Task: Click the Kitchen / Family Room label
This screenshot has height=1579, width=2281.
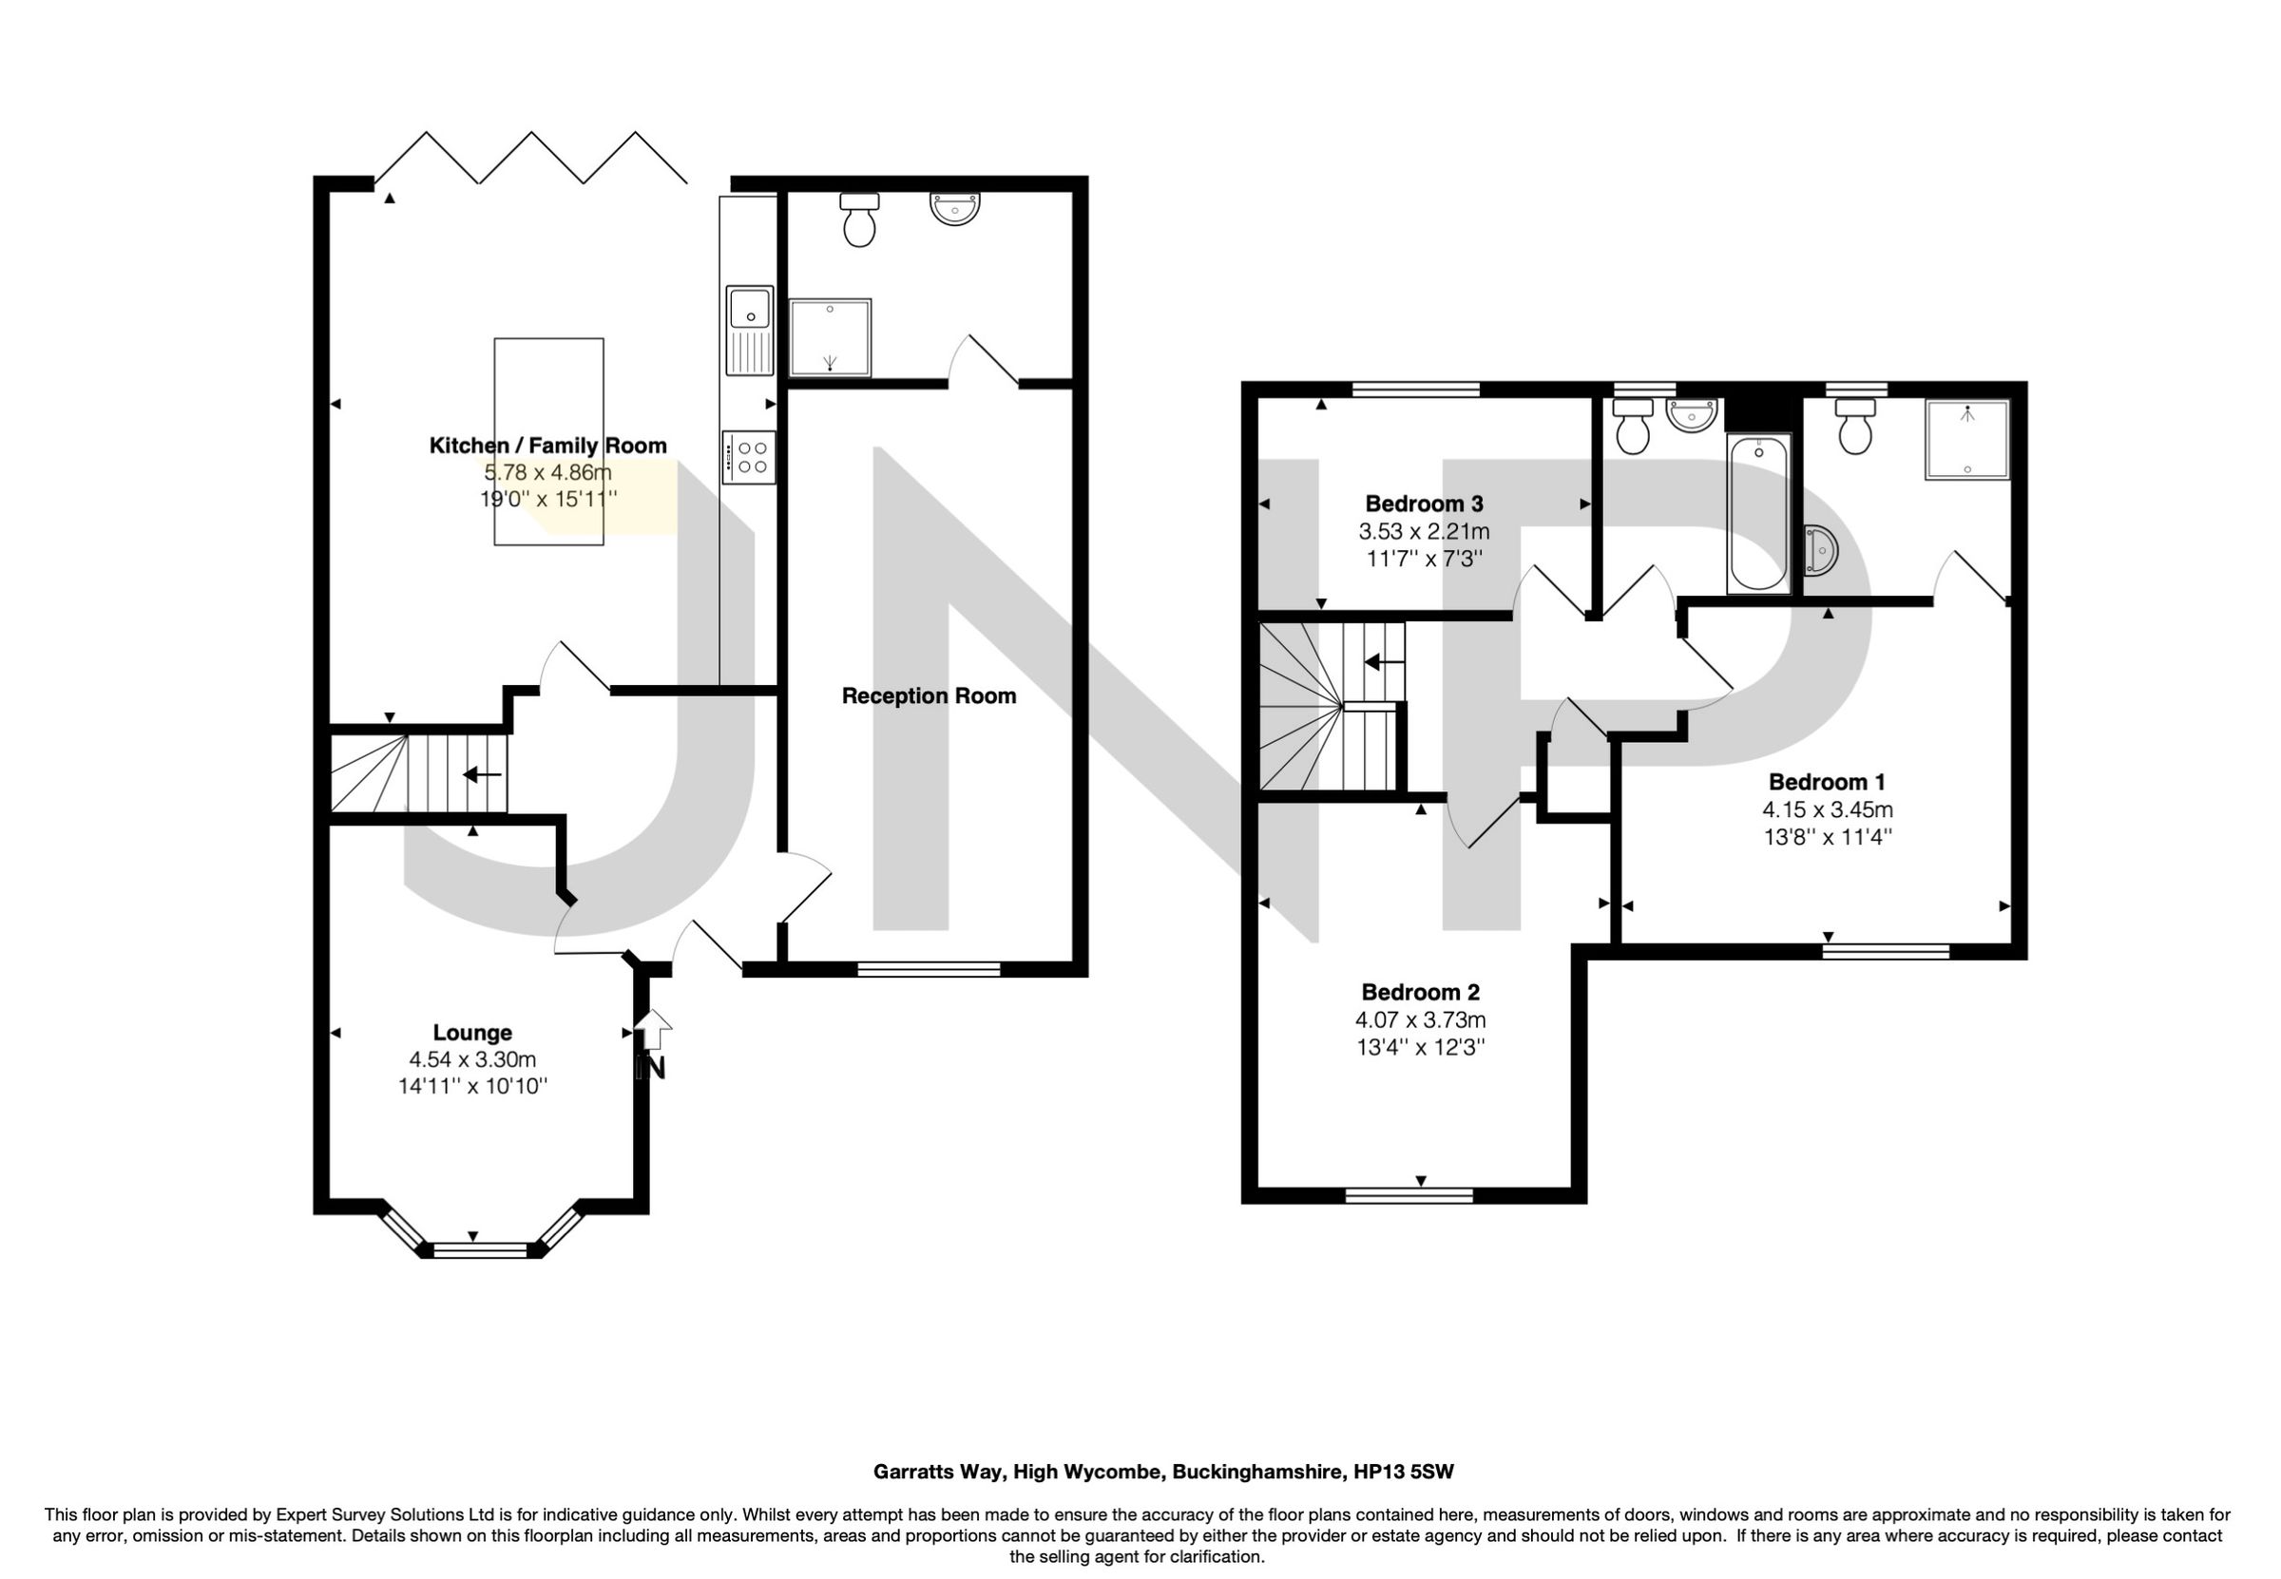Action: point(547,446)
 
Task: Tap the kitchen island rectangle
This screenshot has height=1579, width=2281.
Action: point(548,396)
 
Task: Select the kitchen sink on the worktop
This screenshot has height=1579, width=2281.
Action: point(749,331)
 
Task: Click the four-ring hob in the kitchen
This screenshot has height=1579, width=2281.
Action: point(749,457)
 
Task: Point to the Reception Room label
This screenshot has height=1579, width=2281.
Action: point(929,695)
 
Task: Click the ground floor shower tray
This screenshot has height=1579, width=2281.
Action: point(830,338)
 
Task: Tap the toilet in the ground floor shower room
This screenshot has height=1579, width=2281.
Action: point(859,219)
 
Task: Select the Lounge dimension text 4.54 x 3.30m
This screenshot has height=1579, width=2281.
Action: point(472,1059)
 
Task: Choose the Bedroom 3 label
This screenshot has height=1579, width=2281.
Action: point(1424,503)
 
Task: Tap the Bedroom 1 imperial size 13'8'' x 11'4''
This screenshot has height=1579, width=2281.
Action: point(1828,836)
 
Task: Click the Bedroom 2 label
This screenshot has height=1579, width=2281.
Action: point(1420,991)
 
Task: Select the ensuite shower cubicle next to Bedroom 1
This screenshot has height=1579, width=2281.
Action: point(1967,439)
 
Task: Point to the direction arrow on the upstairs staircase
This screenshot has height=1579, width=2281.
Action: point(1384,661)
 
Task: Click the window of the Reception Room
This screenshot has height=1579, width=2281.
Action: point(929,968)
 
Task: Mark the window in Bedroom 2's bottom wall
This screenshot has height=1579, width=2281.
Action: point(1409,1196)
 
